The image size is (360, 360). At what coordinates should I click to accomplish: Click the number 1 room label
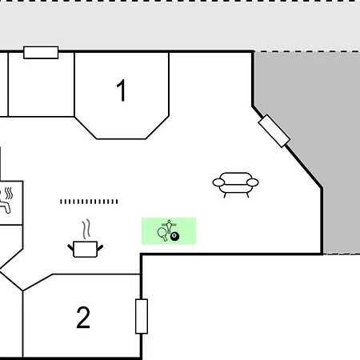122,90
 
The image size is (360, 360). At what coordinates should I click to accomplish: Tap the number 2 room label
83,318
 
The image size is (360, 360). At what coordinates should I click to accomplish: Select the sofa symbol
235,185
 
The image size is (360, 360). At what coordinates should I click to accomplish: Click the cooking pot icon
85,249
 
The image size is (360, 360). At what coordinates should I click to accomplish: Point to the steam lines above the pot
86,230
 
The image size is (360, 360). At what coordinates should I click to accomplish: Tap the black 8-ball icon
175,236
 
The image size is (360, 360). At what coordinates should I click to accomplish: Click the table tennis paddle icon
162,234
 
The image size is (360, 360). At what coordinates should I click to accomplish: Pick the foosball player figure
169,226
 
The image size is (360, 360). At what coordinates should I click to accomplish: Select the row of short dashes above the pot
89,202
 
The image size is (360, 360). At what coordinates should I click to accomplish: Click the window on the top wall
41,52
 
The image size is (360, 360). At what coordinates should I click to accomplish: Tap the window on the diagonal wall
274,131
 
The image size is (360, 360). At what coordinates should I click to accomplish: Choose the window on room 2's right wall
142,316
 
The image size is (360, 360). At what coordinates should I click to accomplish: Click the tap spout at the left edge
6,206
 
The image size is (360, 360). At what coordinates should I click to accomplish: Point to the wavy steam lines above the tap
9,194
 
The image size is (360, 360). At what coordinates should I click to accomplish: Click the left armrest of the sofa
218,182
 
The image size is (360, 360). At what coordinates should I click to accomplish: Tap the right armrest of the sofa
252,182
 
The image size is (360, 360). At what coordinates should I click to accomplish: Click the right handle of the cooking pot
100,248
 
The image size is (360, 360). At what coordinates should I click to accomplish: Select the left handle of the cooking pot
70,248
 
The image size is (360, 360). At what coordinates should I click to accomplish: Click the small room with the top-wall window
41,85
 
